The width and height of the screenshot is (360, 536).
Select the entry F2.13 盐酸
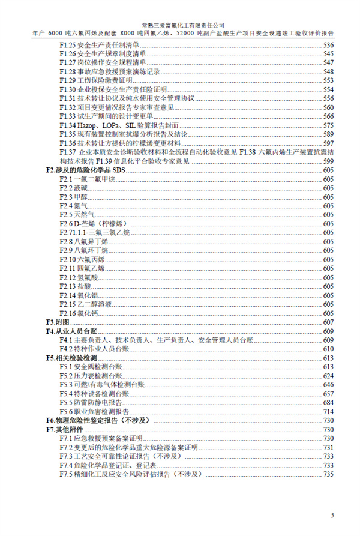coord(75,286)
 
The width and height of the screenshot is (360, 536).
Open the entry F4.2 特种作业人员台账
coord(94,349)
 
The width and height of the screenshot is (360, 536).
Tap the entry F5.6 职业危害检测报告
coord(95,411)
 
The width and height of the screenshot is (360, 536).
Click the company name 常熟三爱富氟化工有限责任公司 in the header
coord(180,26)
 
